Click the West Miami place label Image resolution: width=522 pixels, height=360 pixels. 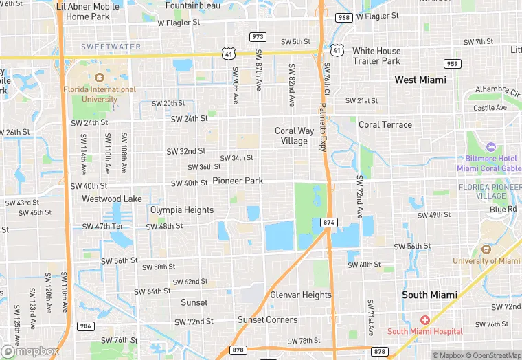420,80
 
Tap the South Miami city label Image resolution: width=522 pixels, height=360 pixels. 429,295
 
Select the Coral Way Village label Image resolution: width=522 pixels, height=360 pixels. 295,136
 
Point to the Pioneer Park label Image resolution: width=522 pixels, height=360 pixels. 238,181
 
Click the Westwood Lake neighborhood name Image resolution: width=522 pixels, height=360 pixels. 111,199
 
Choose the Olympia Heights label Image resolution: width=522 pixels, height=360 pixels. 182,210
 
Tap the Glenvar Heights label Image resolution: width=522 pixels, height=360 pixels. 301,295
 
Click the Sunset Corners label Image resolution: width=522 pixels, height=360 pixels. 267,319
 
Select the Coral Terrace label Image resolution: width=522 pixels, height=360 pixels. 385,124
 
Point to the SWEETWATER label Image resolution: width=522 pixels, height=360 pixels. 111,47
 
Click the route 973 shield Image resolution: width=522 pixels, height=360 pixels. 258,36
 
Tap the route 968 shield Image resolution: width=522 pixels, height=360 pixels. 343,17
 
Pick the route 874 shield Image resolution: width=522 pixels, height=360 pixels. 328,222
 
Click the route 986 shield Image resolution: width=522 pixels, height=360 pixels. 85,326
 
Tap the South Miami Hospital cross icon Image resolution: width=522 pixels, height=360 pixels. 425,320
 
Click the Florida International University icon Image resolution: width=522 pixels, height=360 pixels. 100,77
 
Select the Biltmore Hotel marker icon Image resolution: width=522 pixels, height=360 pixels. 490,147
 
